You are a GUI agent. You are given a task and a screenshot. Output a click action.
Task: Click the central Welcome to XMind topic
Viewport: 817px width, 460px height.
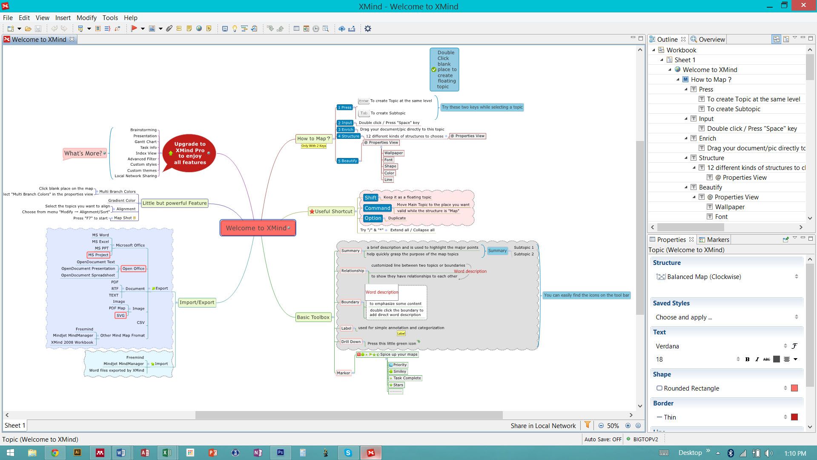pos(257,228)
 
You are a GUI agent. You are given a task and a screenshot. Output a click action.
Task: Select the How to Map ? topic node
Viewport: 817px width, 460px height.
pos(313,138)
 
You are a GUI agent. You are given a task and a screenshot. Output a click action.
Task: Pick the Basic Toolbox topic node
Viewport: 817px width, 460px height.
pos(313,317)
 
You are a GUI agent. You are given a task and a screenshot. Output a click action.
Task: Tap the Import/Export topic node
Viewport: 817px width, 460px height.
pos(197,302)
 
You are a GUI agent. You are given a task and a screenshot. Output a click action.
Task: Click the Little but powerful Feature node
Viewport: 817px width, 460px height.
pos(174,203)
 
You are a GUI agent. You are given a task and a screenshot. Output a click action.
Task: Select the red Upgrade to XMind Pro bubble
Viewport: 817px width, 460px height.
pos(189,153)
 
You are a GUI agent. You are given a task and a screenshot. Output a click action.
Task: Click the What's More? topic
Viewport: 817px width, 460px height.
pos(83,153)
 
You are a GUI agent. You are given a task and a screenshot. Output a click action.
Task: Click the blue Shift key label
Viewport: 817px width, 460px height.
pos(370,198)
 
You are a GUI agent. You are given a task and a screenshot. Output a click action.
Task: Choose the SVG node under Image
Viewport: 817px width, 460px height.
pos(120,316)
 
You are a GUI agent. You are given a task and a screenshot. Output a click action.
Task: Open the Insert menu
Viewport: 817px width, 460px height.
pos(63,18)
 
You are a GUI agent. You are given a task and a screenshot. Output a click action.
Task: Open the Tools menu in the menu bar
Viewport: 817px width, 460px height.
pos(110,18)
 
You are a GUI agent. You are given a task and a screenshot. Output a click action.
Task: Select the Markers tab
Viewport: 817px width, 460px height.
pos(718,240)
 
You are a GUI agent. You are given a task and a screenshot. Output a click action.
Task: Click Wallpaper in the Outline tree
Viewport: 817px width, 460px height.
pos(729,207)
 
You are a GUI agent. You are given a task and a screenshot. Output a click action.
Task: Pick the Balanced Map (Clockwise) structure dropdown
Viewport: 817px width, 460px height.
pos(726,277)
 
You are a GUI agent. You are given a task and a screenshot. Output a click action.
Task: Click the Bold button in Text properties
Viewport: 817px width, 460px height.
pos(747,359)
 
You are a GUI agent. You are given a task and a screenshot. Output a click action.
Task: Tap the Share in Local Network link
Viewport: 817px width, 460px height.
pos(543,425)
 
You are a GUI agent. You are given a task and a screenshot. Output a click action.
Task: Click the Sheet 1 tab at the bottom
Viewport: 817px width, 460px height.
pos(15,425)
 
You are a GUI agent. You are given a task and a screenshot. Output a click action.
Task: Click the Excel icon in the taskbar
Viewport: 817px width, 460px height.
pos(166,453)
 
